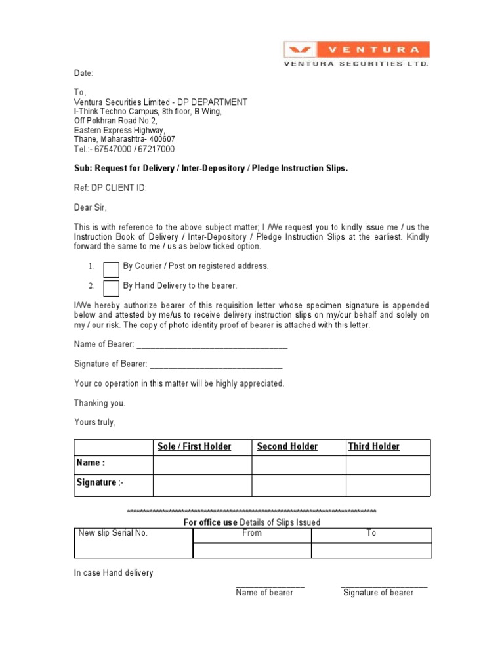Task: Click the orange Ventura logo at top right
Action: coord(356,50)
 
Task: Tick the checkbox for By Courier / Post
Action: coord(112,269)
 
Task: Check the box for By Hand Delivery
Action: coord(112,287)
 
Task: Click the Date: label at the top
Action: coord(83,73)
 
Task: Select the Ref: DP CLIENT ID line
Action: coord(110,188)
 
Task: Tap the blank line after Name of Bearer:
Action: coord(211,345)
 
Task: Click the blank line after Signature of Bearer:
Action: coord(217,364)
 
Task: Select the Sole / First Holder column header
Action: coord(194,447)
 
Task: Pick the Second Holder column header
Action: coord(287,447)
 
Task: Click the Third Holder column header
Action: coord(373,447)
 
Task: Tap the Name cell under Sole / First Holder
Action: coord(202,465)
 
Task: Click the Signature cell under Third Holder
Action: coord(388,485)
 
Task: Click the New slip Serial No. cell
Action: coord(113,533)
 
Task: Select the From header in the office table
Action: coord(251,533)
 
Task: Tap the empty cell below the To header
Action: coord(371,551)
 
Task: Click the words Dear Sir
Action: coord(90,207)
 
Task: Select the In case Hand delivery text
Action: coord(114,573)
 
